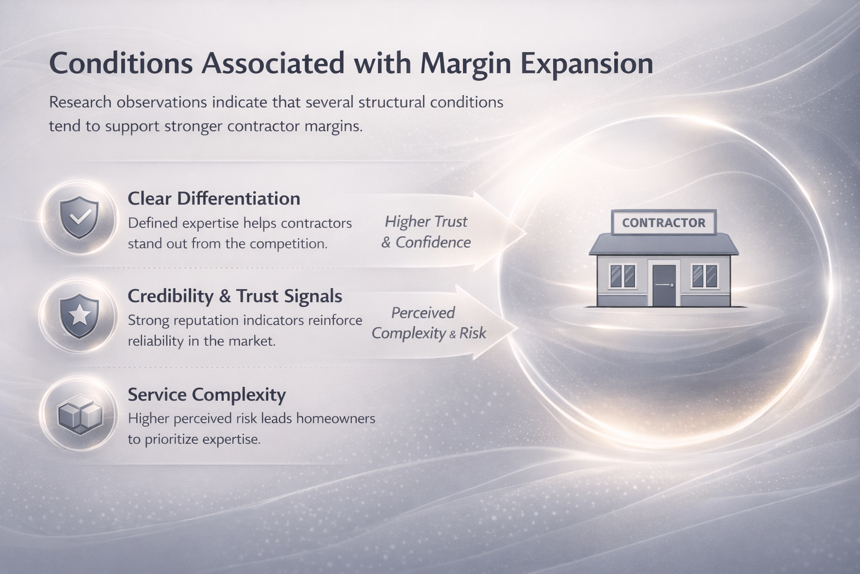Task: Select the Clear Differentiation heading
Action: [214, 198]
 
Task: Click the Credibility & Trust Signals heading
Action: [235, 296]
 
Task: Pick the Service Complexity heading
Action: [207, 395]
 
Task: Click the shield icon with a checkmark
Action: [79, 217]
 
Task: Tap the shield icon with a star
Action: [79, 316]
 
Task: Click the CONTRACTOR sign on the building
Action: [663, 223]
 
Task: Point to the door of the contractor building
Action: [663, 285]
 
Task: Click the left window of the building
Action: [622, 276]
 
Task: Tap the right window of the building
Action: [704, 276]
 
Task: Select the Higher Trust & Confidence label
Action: [426, 232]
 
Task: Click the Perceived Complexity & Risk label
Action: [428, 323]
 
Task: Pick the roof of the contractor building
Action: [663, 245]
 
